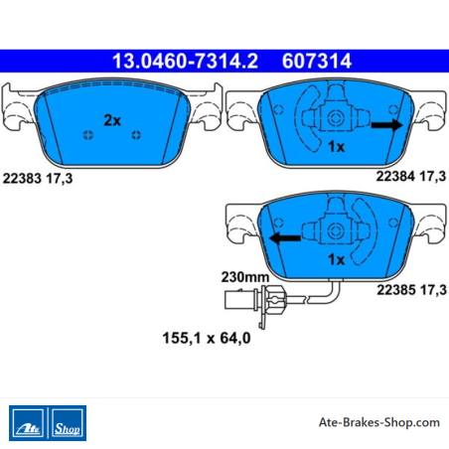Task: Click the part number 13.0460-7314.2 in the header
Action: [185, 62]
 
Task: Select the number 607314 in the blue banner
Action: [317, 62]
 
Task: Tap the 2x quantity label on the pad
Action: [112, 120]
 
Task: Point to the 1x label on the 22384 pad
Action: [336, 146]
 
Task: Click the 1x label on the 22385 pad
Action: [336, 259]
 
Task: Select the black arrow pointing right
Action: [386, 125]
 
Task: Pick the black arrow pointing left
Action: [285, 238]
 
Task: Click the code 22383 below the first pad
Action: [22, 179]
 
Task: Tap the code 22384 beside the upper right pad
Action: [395, 176]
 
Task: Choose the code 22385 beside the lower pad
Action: [396, 290]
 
